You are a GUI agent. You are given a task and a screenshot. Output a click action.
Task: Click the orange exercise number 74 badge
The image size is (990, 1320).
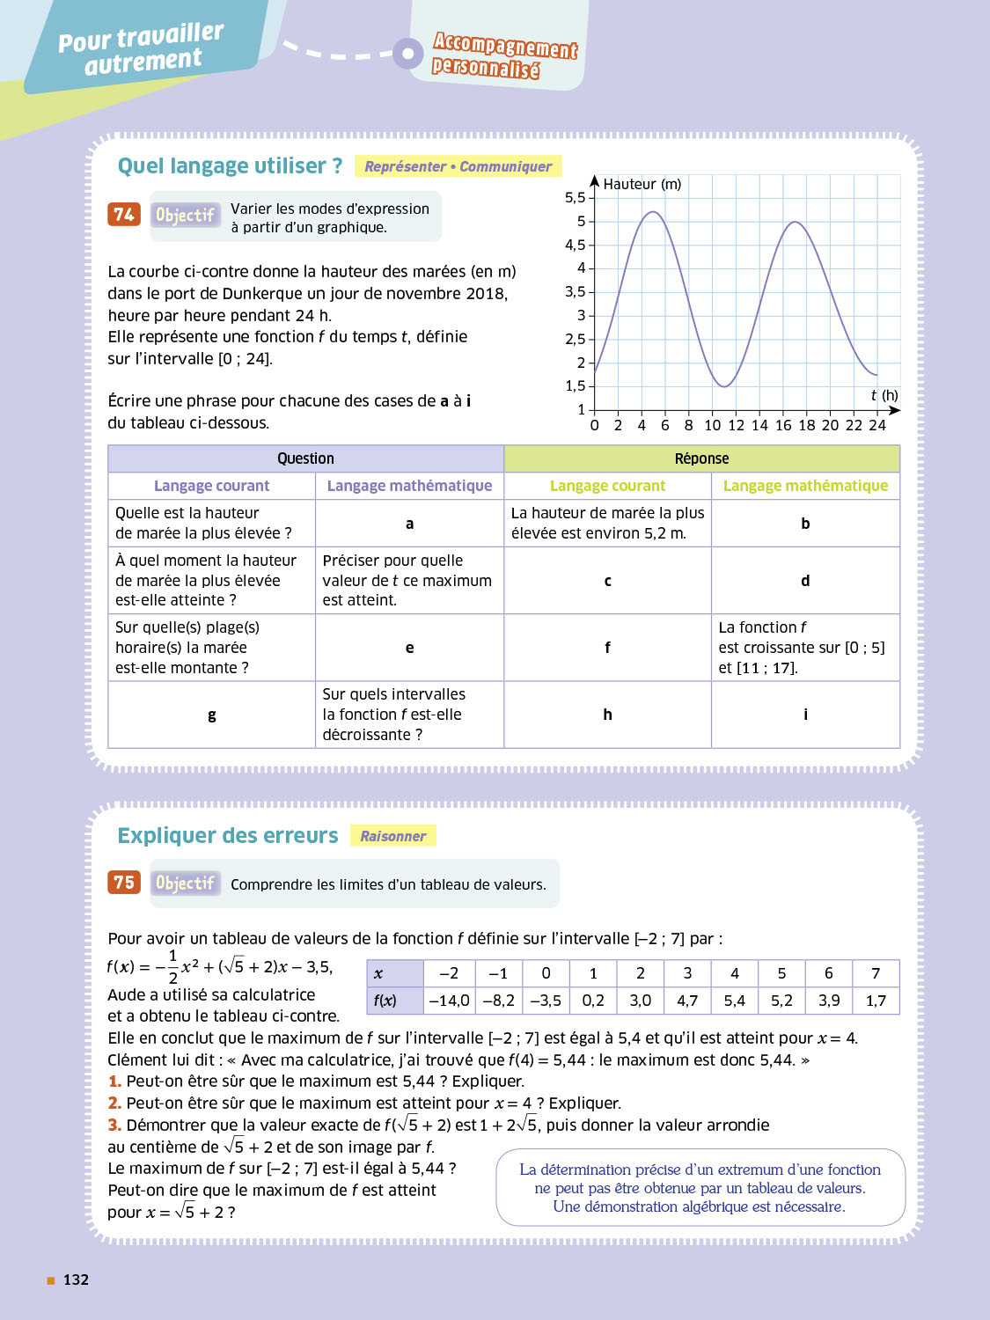[x=124, y=214]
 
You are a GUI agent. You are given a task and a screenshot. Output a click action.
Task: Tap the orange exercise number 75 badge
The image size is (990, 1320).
[x=124, y=882]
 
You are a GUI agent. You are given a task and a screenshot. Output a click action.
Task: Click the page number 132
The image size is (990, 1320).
[x=76, y=1280]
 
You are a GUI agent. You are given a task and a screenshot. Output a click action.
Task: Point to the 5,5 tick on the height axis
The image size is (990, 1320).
[x=576, y=198]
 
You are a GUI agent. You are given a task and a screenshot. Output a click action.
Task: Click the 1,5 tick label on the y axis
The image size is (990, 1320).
[x=576, y=386]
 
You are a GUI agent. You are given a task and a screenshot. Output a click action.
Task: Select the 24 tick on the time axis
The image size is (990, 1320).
[x=877, y=426]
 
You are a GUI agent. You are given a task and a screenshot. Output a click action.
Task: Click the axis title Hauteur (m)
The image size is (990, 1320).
[x=642, y=184]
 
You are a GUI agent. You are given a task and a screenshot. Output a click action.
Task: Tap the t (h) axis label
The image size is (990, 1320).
[x=884, y=395]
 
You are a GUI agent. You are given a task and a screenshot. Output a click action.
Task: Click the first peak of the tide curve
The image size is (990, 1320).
[x=653, y=212]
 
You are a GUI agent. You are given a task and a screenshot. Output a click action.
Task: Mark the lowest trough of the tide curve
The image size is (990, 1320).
[x=723, y=386]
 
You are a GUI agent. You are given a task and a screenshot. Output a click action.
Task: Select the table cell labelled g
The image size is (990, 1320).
[x=212, y=715]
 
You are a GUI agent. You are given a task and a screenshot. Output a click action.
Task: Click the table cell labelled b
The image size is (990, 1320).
[x=805, y=524]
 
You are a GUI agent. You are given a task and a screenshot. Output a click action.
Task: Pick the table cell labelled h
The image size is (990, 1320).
[x=607, y=715]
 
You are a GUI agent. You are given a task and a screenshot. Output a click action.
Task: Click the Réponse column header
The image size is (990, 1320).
[x=701, y=458]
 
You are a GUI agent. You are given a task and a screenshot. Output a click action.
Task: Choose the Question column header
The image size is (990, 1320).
[x=305, y=458]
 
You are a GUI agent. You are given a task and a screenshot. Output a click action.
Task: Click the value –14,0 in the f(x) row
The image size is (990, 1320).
[x=449, y=1001]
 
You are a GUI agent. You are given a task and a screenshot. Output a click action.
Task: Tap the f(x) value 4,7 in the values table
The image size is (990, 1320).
[x=687, y=1001]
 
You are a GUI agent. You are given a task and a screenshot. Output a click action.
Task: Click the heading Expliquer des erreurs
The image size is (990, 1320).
[x=228, y=835]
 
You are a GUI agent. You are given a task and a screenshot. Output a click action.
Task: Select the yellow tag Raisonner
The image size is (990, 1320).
[x=392, y=836]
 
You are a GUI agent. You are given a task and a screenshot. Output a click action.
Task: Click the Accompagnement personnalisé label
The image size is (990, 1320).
[x=503, y=55]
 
